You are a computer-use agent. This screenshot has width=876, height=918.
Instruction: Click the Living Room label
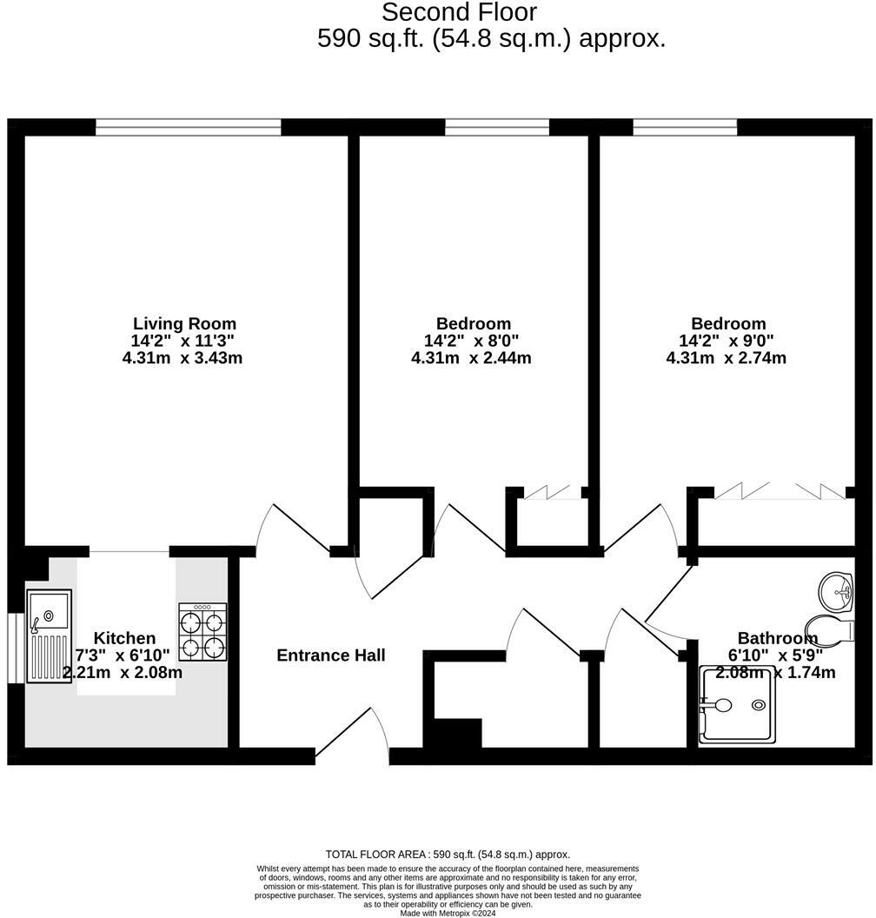point(184,324)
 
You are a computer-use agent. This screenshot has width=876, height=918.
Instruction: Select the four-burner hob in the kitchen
point(202,632)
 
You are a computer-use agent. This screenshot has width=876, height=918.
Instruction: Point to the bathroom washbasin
point(838,592)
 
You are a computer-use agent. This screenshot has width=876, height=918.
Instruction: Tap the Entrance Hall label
point(330,655)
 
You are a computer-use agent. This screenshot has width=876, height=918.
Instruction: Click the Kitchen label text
point(124,639)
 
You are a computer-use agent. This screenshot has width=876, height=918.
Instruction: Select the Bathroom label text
point(777,639)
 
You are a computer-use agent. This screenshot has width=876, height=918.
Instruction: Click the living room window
point(189,128)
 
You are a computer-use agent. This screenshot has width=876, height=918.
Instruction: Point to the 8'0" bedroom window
point(497,128)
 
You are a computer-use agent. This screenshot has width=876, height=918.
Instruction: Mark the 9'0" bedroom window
point(685,128)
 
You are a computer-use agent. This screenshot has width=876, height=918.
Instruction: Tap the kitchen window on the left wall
point(14,649)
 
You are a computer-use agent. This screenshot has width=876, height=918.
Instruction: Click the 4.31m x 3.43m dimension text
point(182,357)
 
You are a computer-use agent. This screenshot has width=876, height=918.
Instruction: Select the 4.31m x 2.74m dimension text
point(727,357)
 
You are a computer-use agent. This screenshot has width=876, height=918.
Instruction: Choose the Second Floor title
point(460,13)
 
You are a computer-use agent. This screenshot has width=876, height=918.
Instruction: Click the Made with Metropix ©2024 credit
point(448,913)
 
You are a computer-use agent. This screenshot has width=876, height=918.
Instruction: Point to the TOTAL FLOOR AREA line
point(448,855)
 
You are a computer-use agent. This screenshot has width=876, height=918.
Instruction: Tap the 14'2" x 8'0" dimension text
point(471,341)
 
